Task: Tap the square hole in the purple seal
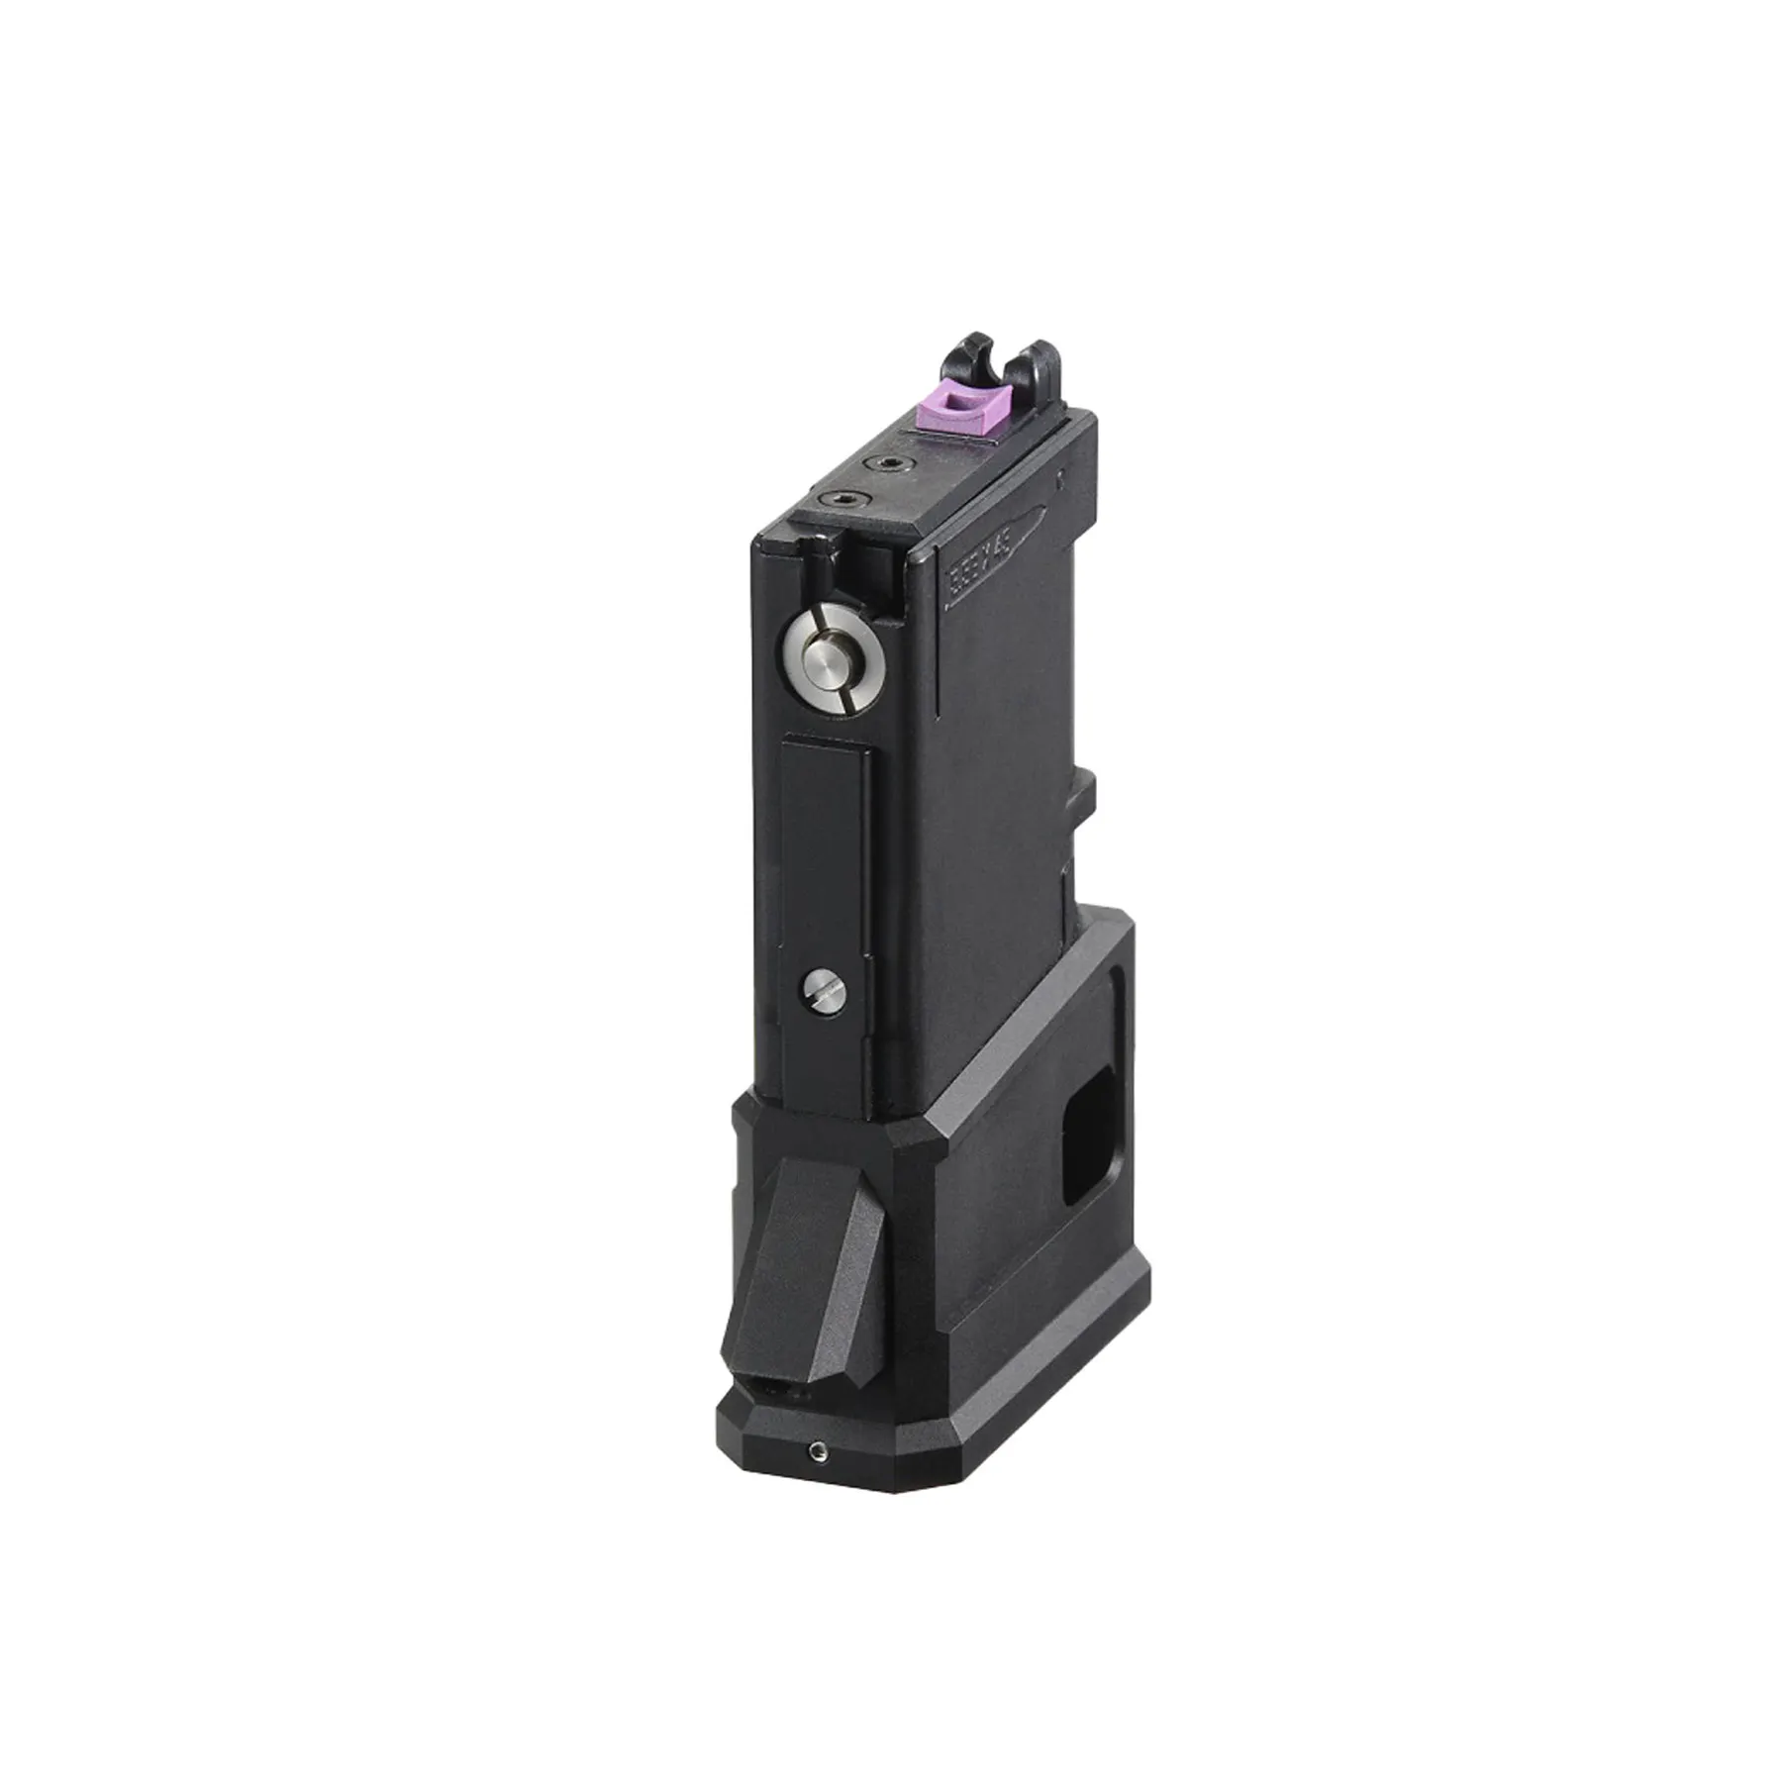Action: coord(953,399)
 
